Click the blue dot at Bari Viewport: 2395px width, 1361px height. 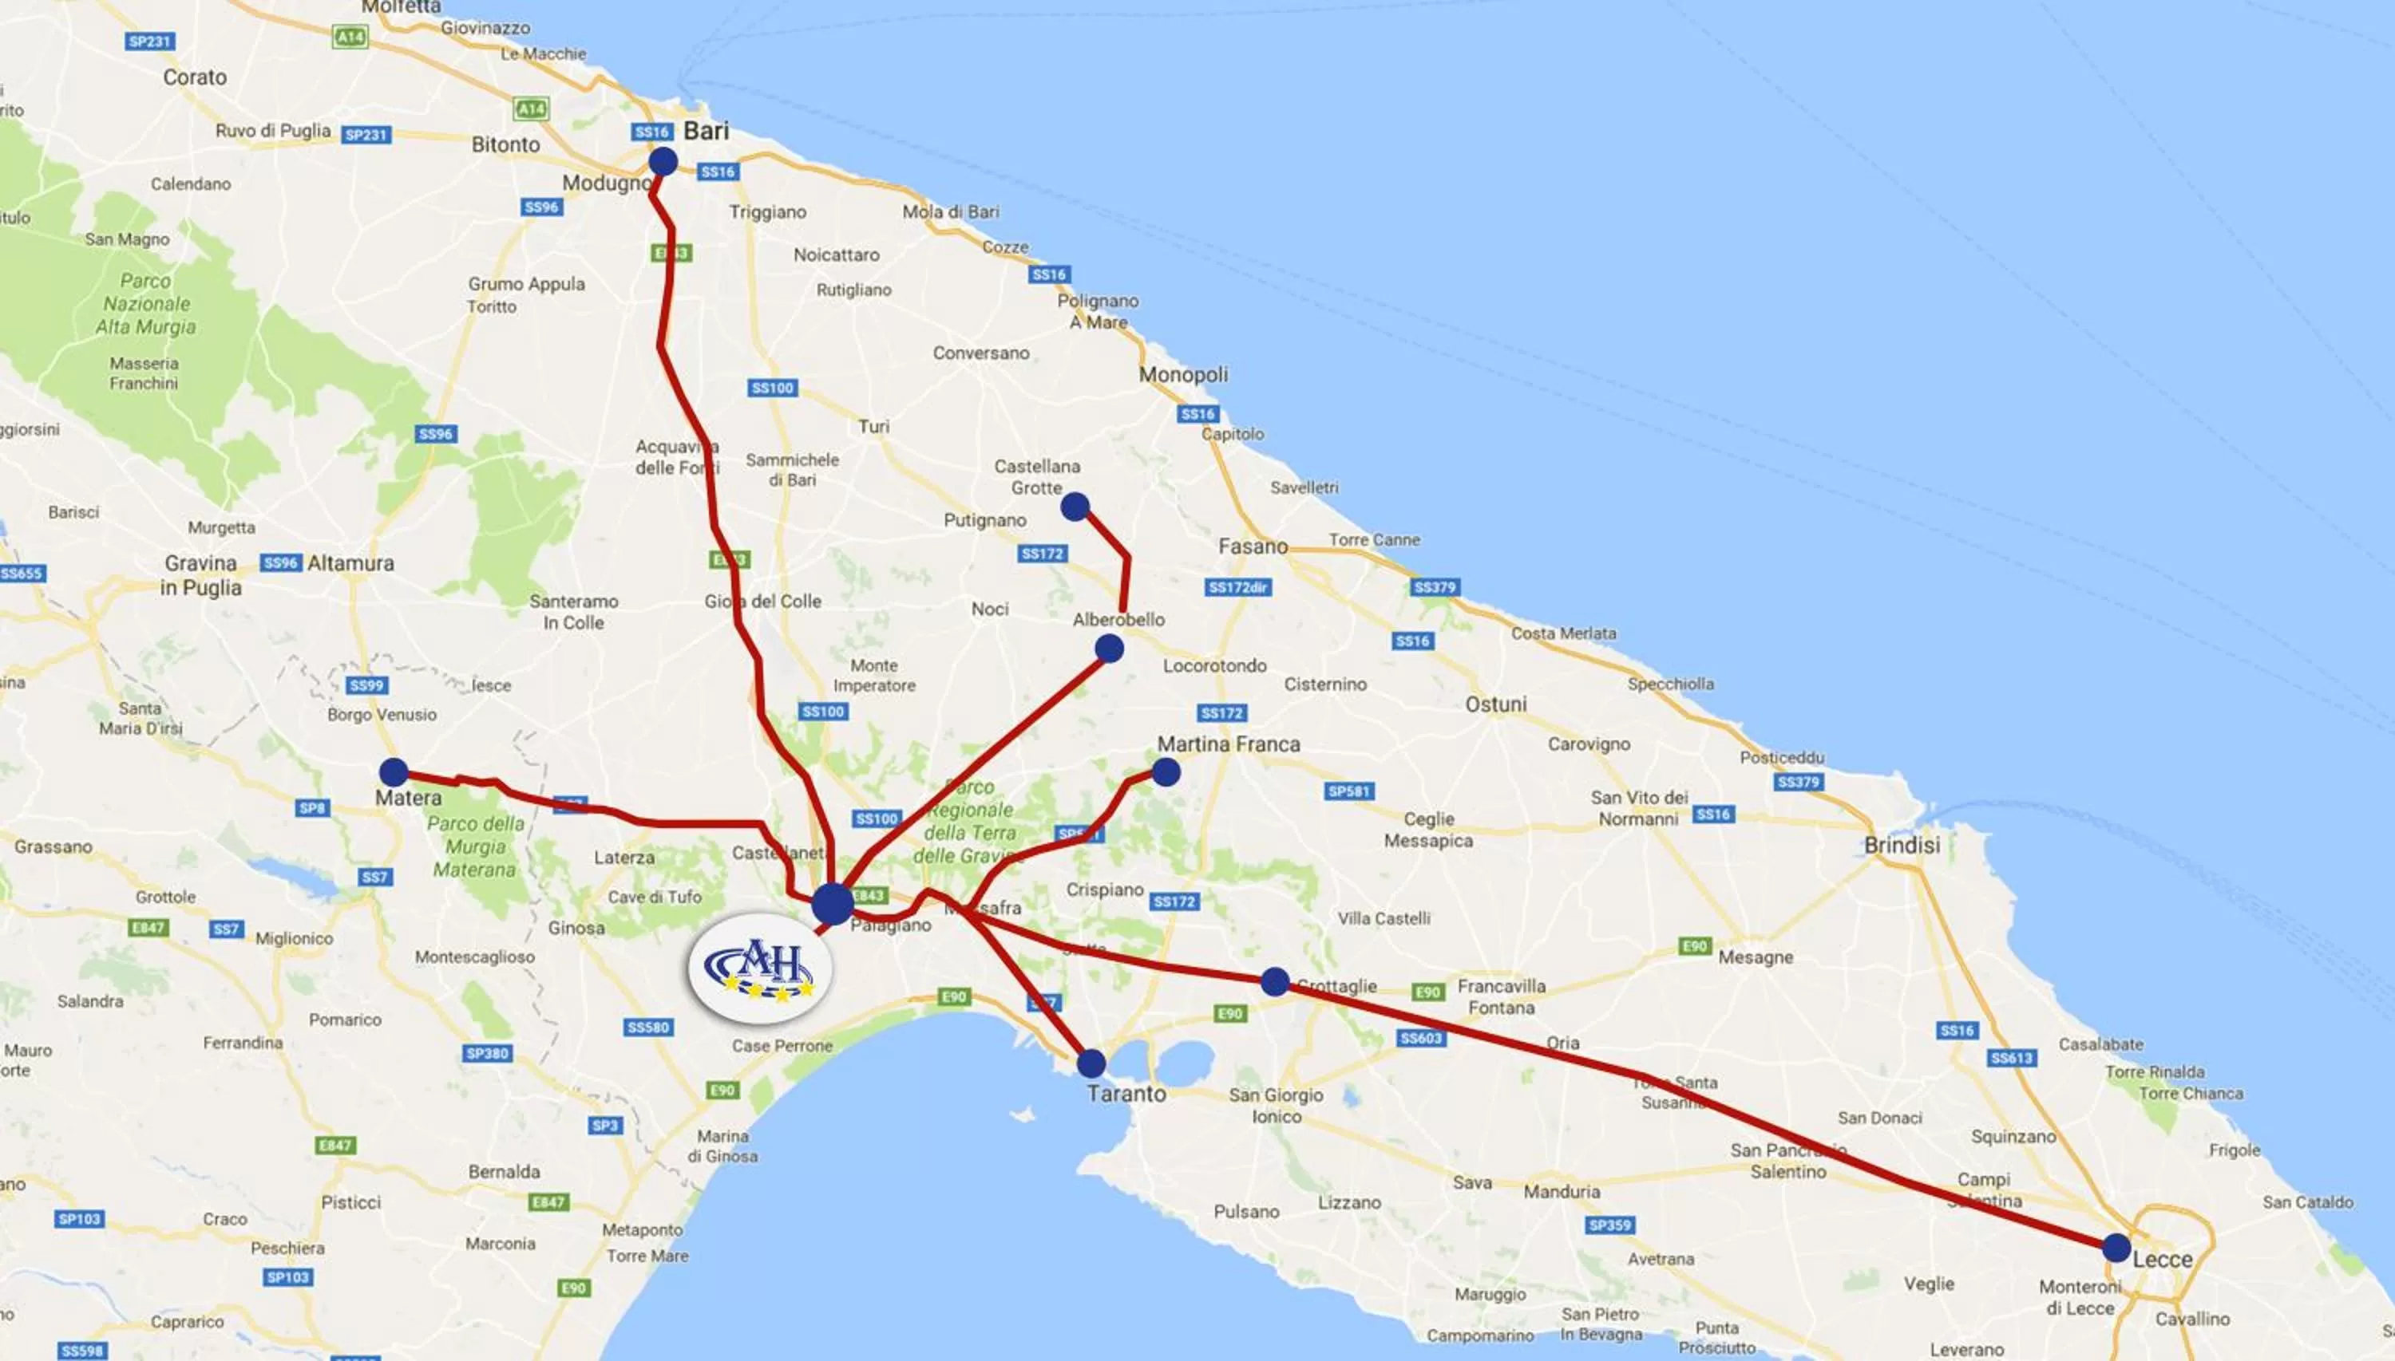click(x=663, y=162)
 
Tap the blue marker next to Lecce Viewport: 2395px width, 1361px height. click(x=2116, y=1247)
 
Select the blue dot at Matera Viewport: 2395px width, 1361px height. click(x=394, y=772)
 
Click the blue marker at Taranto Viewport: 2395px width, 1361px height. click(x=1091, y=1063)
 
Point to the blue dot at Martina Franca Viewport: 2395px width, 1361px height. click(x=1166, y=772)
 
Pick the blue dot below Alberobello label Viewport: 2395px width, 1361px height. click(x=1109, y=648)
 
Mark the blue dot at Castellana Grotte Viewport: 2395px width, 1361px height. click(x=1075, y=507)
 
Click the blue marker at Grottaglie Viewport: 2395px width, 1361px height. click(x=1275, y=981)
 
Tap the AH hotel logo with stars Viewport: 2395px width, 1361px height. click(x=759, y=968)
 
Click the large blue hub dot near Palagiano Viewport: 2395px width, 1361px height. click(x=833, y=903)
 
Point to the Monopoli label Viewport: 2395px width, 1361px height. click(x=1183, y=375)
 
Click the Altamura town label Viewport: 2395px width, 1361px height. click(x=350, y=562)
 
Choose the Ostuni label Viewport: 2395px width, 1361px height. click(x=1495, y=704)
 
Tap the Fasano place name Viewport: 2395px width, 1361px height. click(x=1253, y=546)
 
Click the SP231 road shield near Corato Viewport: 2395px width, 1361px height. click(x=149, y=41)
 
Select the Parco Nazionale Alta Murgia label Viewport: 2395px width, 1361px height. click(x=146, y=304)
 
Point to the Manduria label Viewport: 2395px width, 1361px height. click(x=1562, y=1192)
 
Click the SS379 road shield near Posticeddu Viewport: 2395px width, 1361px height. click(x=1799, y=782)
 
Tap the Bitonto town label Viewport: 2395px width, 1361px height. click(x=506, y=145)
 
